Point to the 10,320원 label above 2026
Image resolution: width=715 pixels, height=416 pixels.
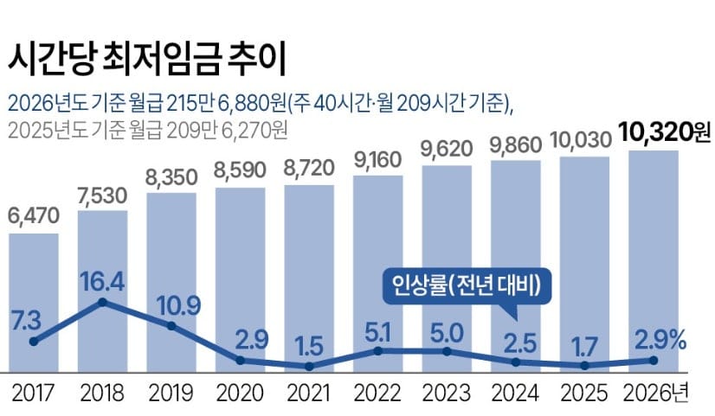click(664, 132)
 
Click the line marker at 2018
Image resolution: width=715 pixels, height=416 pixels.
click(102, 302)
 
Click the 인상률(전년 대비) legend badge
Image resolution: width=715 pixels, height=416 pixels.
click(467, 286)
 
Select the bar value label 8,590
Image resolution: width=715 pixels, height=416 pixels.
click(240, 172)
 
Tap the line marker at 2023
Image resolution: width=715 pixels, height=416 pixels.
click(447, 351)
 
